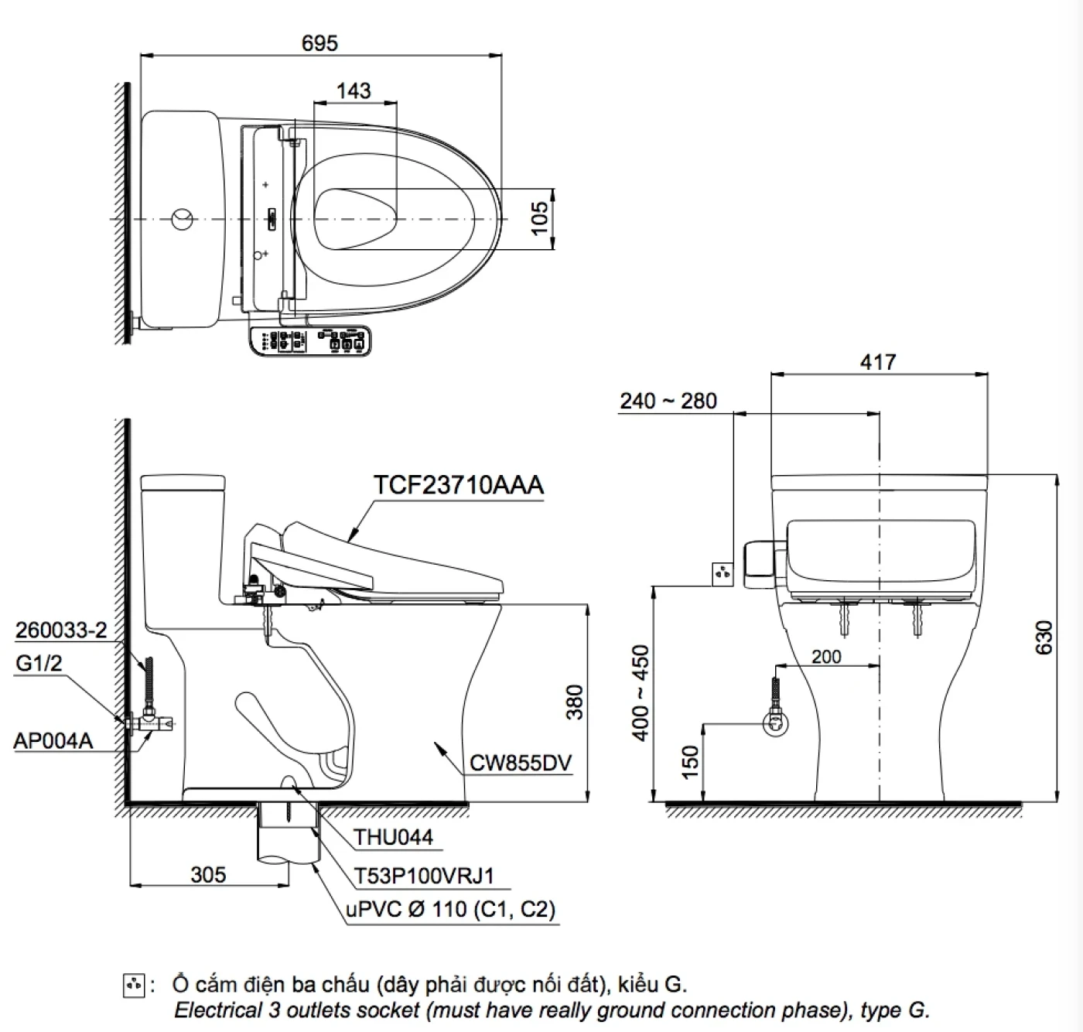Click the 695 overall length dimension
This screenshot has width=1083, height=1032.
click(319, 43)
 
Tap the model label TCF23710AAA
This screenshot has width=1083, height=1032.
click(459, 485)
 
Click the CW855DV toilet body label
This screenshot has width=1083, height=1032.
click(521, 764)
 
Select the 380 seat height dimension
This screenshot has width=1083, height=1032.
click(574, 702)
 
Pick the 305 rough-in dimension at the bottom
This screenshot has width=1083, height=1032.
click(208, 874)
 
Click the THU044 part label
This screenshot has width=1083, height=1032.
click(393, 837)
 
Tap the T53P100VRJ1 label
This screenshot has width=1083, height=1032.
click(423, 876)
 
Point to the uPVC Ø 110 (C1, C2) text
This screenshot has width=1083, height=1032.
click(450, 909)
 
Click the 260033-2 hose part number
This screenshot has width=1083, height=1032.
click(61, 630)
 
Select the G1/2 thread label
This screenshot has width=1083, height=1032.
click(38, 664)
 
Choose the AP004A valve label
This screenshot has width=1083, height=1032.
click(53, 740)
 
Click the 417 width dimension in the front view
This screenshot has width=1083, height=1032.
click(877, 362)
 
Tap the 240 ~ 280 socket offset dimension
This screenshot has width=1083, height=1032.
click(668, 401)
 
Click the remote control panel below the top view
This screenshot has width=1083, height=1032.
click(311, 341)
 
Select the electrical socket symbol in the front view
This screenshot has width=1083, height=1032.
click(722, 574)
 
